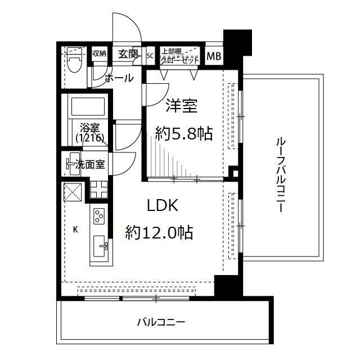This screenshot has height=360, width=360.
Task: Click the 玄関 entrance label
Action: click(x=128, y=55)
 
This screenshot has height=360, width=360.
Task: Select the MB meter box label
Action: click(x=214, y=56)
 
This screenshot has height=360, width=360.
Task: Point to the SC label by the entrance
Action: click(x=150, y=56)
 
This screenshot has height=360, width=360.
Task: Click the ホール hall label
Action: click(x=119, y=78)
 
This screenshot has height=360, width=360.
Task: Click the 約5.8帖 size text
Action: click(x=183, y=133)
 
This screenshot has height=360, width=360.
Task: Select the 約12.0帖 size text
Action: click(x=159, y=232)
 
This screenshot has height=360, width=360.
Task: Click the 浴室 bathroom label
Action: click(x=88, y=127)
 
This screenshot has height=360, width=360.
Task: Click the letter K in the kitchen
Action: click(x=75, y=229)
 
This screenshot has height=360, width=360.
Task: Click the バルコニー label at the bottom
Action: click(x=161, y=323)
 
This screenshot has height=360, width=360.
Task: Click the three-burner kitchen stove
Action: click(x=98, y=215)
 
